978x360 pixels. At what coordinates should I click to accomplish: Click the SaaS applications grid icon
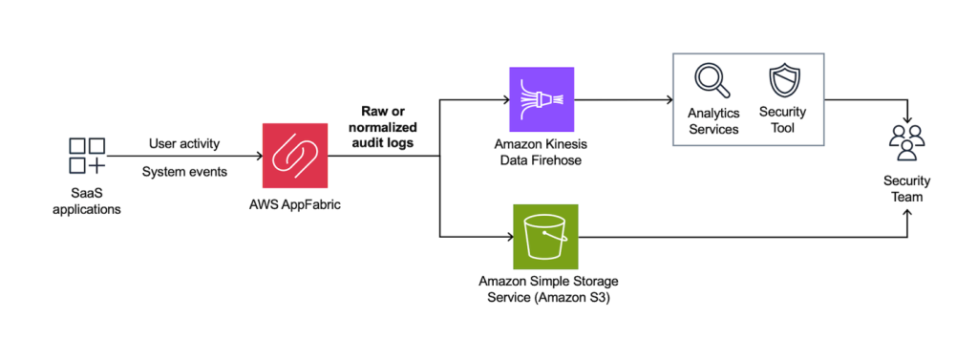click(87, 156)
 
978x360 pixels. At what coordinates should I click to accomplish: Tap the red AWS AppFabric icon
click(296, 156)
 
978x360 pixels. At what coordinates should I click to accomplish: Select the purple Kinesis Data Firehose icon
click(542, 99)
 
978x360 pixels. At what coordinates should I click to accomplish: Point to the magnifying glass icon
click(712, 81)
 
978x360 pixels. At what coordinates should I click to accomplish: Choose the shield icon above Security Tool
click(782, 81)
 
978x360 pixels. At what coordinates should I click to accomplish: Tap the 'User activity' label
click(184, 143)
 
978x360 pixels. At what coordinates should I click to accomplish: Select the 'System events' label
click(184, 172)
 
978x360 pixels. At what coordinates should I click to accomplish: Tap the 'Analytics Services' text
click(712, 120)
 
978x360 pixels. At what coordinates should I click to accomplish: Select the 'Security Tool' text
click(782, 120)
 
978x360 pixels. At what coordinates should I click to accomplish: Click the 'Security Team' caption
click(906, 188)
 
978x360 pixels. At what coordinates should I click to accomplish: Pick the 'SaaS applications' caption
click(87, 201)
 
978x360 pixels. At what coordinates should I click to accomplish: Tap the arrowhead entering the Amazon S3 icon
click(506, 235)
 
